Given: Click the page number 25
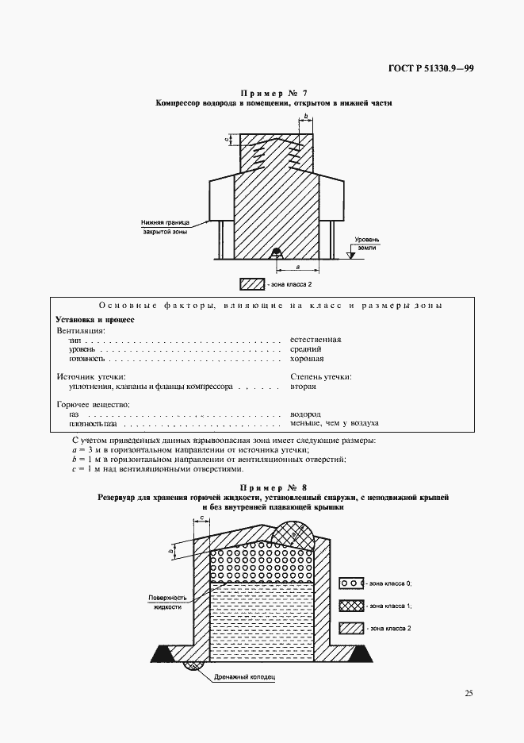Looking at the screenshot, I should (469, 693).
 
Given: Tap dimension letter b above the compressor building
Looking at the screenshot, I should (305, 116).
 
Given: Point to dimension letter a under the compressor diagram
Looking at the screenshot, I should (296, 268).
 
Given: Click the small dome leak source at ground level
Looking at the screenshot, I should (277, 253).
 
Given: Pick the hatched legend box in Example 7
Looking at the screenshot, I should (251, 283).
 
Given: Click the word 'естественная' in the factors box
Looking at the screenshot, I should (316, 339).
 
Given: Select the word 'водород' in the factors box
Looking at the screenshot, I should (305, 414).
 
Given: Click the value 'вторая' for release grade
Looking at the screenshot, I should (304, 386).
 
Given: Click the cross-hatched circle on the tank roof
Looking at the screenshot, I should (290, 537).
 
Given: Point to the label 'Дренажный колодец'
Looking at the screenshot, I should (243, 679).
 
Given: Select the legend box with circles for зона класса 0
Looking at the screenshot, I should (350, 582).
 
